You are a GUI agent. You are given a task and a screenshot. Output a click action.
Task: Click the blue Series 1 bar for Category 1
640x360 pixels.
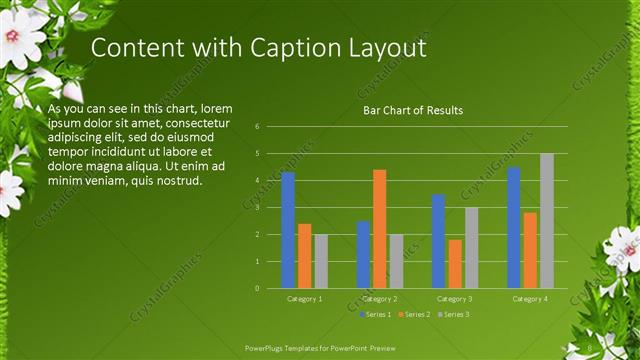click(x=288, y=230)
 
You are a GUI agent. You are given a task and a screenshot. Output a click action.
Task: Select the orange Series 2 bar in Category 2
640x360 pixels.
click(x=380, y=229)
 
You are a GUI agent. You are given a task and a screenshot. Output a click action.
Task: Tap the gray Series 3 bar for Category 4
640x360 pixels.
click(x=547, y=221)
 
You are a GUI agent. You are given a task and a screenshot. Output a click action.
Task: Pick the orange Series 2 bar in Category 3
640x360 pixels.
click(x=455, y=264)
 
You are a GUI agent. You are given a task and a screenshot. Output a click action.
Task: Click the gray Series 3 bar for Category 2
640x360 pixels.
click(x=396, y=261)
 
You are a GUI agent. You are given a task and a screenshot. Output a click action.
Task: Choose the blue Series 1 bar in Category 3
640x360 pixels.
click(x=438, y=241)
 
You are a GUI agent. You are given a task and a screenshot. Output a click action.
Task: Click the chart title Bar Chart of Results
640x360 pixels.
click(x=412, y=110)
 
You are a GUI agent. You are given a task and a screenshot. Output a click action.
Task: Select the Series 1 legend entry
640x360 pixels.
click(x=376, y=314)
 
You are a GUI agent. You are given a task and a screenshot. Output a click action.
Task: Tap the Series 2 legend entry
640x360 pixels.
click(x=415, y=314)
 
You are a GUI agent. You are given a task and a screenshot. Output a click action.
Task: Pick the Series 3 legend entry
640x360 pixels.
click(x=453, y=314)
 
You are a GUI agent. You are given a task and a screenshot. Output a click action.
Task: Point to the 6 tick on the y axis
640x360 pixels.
click(x=257, y=127)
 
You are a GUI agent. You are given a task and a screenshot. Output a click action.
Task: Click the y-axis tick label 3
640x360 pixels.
click(x=257, y=208)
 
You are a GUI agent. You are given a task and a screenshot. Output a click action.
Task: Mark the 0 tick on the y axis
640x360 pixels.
click(x=257, y=288)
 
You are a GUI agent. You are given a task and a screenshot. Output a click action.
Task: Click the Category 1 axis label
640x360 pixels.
click(x=304, y=299)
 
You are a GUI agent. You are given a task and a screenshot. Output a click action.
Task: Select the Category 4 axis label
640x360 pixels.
click(x=530, y=299)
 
